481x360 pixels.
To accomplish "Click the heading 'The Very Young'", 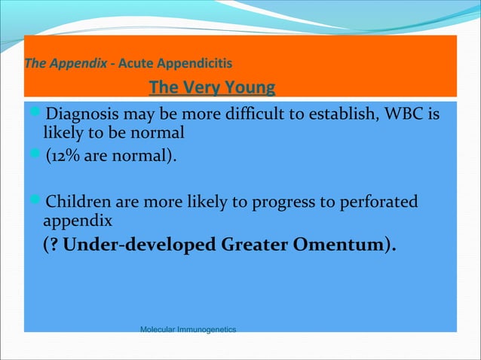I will pyautogui.click(x=213, y=88).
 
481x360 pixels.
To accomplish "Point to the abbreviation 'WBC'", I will pyautogui.click(x=404, y=116).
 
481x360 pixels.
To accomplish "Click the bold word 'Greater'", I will pyautogui.click(x=254, y=246).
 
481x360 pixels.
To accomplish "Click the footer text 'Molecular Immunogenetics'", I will pyautogui.click(x=188, y=330).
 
